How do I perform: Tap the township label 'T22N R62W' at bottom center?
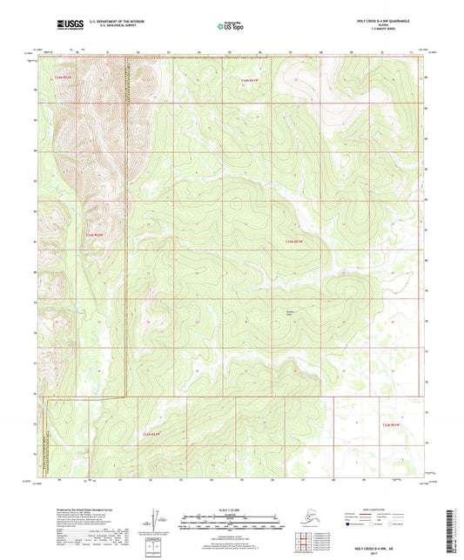click(x=151, y=432)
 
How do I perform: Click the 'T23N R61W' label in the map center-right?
click(x=296, y=241)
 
